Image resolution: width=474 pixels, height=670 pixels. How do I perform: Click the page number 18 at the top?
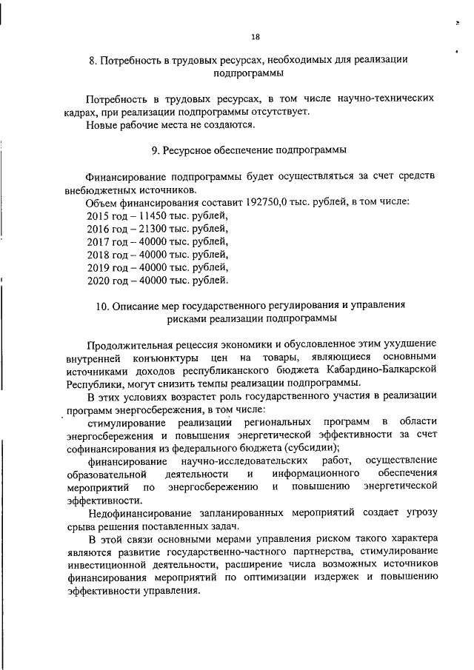click(256, 37)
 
